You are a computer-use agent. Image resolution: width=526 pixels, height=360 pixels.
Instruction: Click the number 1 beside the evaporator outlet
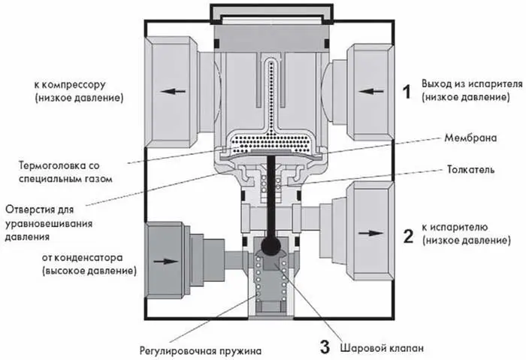pos(407,92)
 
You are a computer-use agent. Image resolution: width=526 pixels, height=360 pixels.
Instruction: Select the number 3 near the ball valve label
pos(325,348)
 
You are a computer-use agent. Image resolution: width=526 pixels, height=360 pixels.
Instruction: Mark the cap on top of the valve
pos(271,13)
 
